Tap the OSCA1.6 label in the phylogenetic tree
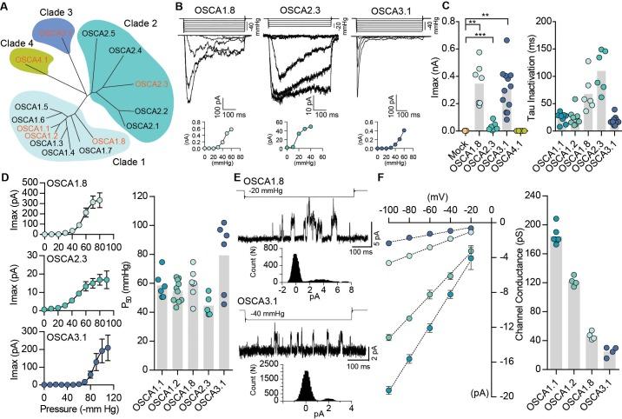click(28, 119)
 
